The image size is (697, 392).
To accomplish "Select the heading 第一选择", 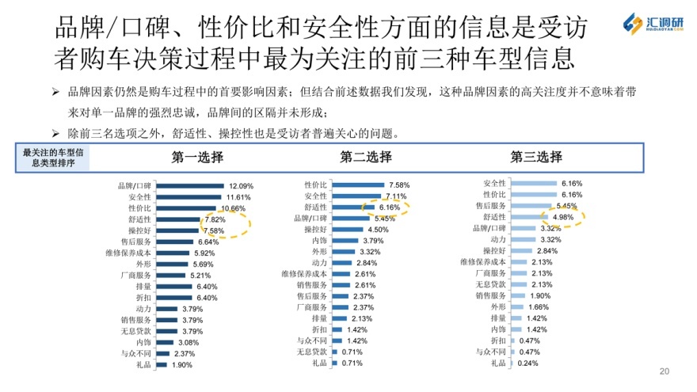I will (198, 157).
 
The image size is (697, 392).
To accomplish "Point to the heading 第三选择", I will (536, 157).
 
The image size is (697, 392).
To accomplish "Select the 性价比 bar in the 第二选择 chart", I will (357, 185).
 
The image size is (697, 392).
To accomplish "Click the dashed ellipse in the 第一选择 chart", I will (227, 225).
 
